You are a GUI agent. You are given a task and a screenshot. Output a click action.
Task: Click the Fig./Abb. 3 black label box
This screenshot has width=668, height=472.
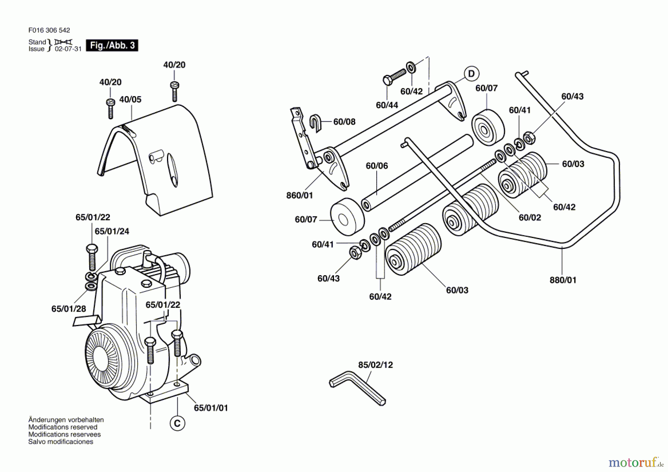click(x=112, y=45)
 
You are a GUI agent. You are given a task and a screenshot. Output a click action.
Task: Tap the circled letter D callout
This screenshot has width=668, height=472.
click(x=471, y=74)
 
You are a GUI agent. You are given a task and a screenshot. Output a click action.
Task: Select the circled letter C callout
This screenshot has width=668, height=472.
click(x=177, y=423)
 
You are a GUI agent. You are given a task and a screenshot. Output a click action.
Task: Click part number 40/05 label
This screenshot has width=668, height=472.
click(x=130, y=100)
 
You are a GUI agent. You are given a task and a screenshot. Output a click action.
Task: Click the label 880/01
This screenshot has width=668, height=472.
click(x=563, y=280)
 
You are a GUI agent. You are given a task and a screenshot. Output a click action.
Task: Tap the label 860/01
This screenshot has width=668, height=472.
click(x=299, y=195)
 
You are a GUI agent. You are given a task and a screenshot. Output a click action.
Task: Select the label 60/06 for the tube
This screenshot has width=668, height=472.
click(x=377, y=166)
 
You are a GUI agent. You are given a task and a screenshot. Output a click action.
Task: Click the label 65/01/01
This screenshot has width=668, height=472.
click(x=211, y=408)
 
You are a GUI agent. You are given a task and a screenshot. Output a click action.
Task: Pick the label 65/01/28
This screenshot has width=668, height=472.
click(x=69, y=309)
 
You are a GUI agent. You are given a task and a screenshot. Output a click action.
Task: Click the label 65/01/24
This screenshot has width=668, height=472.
click(x=112, y=231)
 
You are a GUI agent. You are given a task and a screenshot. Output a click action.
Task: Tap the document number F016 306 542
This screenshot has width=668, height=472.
click(x=49, y=30)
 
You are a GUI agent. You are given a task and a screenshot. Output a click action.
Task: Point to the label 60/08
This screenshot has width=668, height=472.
click(x=344, y=121)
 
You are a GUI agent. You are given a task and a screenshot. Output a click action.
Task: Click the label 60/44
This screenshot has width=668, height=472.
click(x=387, y=105)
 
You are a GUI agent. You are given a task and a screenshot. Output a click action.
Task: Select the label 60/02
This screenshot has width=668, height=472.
click(x=530, y=218)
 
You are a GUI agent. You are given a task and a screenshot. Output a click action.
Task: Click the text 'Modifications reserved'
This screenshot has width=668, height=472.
click(x=63, y=427)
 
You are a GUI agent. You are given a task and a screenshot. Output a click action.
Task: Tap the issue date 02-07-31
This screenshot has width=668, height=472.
click(x=68, y=49)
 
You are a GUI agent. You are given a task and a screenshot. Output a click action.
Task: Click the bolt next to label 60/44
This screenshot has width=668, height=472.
click(x=394, y=77)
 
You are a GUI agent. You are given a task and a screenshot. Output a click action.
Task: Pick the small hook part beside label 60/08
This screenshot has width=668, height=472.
click(x=315, y=123)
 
